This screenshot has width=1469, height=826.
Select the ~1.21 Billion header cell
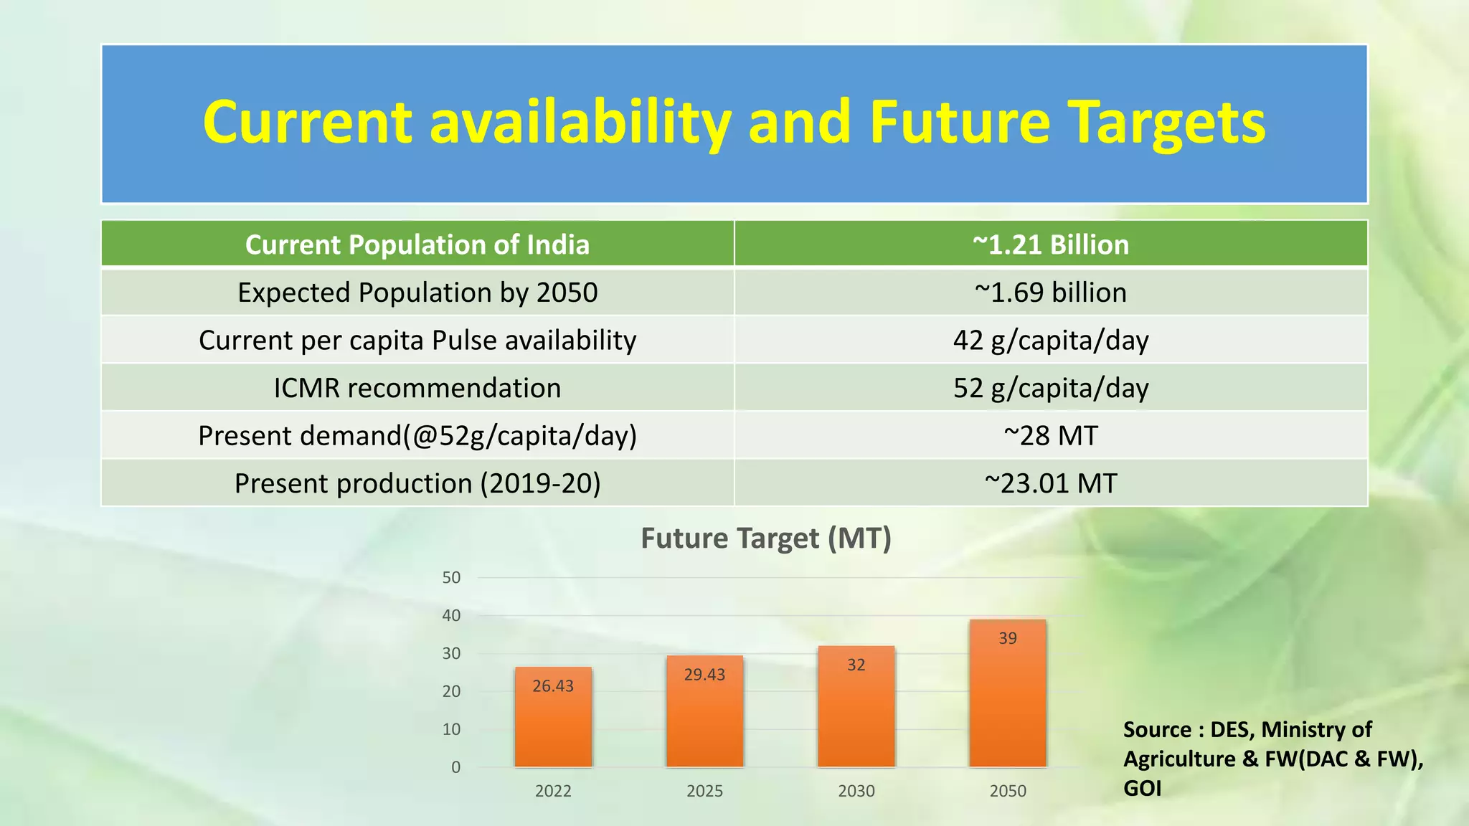tap(1050, 245)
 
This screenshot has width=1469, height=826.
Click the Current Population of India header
tap(417, 245)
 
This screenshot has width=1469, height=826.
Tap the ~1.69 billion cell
tap(1050, 293)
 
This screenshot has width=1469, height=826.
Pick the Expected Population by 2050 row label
tap(417, 293)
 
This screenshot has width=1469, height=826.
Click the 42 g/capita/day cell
tap(1050, 340)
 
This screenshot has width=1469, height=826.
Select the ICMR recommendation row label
tap(417, 388)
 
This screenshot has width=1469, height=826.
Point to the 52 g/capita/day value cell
tap(1050, 388)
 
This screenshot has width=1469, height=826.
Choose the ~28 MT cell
tap(1050, 435)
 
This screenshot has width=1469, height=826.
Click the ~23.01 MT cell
tap(1050, 483)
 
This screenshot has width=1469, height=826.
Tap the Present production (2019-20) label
tap(417, 483)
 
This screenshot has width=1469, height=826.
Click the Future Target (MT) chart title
tap(765, 538)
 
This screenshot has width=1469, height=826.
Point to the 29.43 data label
tap(704, 675)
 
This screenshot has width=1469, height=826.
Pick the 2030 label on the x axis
tap(856, 791)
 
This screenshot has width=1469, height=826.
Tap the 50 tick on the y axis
tap(451, 578)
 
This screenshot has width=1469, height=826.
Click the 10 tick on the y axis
tap(451, 729)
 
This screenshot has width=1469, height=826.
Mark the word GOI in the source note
tap(1142, 788)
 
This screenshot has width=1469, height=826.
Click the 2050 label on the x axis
tap(1007, 791)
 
